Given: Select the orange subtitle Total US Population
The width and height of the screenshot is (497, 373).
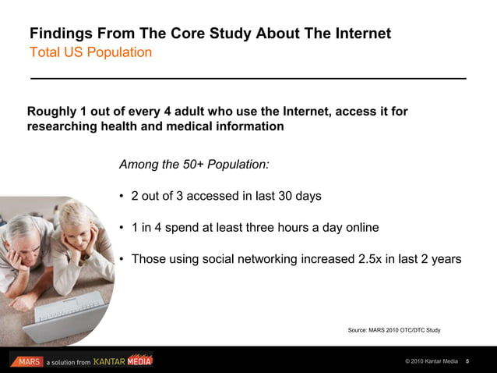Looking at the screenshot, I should (90, 53).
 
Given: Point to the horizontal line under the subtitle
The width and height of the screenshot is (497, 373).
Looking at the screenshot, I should (248, 79).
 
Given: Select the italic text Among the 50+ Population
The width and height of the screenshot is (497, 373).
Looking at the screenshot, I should (194, 165).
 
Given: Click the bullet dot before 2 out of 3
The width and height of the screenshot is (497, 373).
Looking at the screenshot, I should (122, 197).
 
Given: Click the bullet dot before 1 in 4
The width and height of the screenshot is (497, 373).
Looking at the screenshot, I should (122, 228).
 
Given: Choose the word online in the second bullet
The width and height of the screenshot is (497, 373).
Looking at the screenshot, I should (358, 228).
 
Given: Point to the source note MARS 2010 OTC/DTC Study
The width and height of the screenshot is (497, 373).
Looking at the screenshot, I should (393, 330).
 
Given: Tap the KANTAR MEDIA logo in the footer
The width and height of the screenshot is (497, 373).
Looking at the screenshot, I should (123, 361).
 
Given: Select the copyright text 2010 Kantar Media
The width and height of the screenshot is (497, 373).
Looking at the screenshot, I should (432, 362).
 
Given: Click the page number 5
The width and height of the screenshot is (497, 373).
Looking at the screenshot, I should (467, 362).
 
